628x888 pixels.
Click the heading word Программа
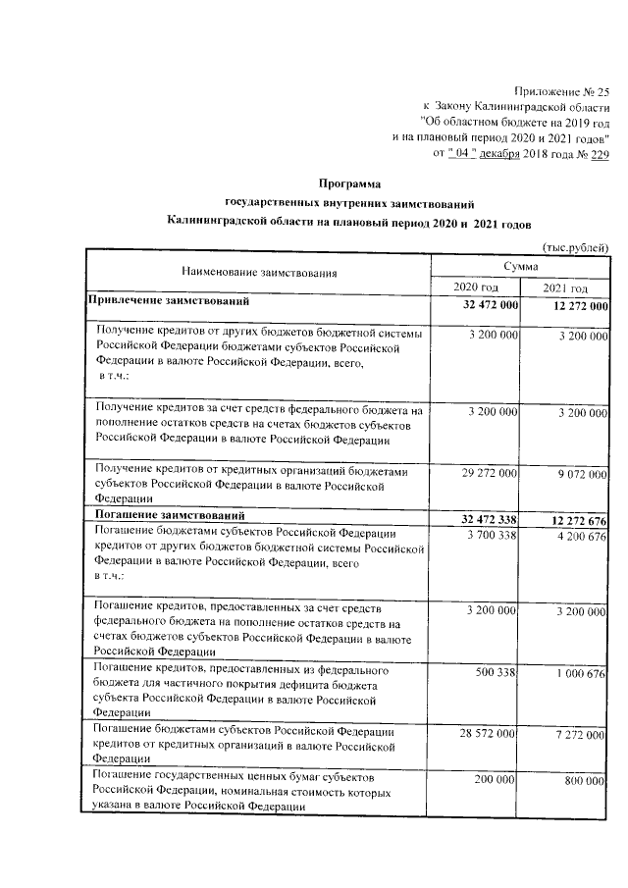tap(348, 183)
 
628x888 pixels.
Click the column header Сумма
tap(520, 266)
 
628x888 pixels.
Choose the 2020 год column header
tap(476, 287)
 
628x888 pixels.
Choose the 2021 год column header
tap(566, 287)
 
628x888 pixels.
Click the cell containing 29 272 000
tap(485, 473)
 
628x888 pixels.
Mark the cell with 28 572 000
tap(485, 734)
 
